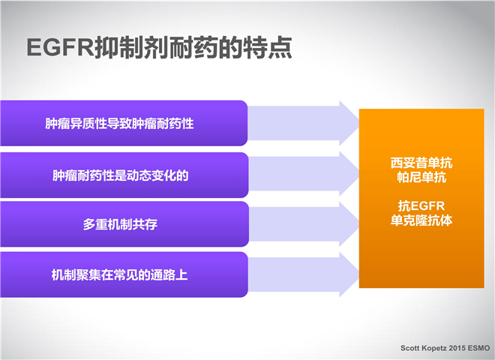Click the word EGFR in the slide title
pyautogui.click(x=60, y=47)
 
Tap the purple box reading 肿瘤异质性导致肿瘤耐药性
pyautogui.click(x=124, y=123)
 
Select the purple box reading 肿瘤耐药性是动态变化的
pyautogui.click(x=124, y=175)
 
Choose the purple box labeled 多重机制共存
pyautogui.click(x=124, y=224)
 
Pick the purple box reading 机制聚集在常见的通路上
pyautogui.click(x=124, y=274)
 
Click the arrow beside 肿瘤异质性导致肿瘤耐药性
pyautogui.click(x=304, y=123)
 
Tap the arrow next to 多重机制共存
pyautogui.click(x=304, y=224)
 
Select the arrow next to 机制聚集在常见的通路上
pyautogui.click(x=304, y=274)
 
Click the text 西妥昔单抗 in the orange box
pyautogui.click(x=421, y=163)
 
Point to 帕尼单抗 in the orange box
pyautogui.click(x=421, y=177)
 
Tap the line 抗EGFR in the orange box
pyautogui.click(x=421, y=206)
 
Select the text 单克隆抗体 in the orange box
pyautogui.click(x=421, y=220)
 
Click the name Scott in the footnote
pyautogui.click(x=409, y=348)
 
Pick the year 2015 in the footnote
pyautogui.click(x=457, y=348)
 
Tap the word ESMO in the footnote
pyautogui.click(x=479, y=348)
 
